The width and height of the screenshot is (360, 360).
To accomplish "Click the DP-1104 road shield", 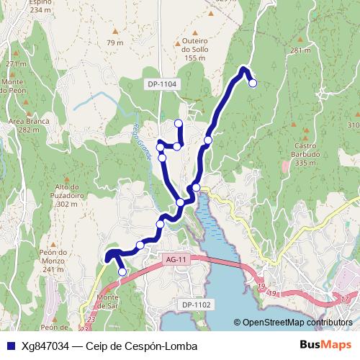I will [162, 84].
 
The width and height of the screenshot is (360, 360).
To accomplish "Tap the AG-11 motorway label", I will [176, 259].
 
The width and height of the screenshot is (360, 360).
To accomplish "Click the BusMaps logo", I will [325, 346].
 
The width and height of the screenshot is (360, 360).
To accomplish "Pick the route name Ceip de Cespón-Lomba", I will [141, 346].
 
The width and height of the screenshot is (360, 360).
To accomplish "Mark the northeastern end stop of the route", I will [253, 83].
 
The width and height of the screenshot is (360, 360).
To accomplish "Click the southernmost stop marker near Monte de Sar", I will [122, 271].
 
